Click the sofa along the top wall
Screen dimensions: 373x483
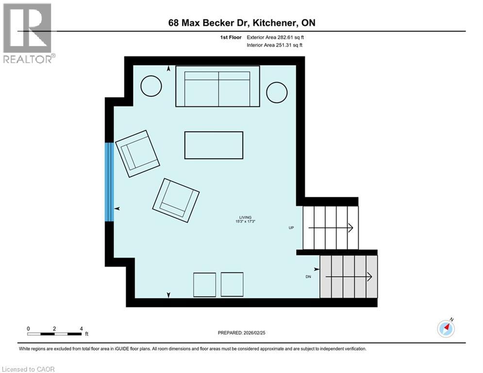coord(217,86)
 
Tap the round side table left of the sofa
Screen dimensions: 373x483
coord(151,86)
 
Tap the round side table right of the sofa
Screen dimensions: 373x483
coord(277,92)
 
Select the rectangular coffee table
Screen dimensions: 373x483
coord(214,145)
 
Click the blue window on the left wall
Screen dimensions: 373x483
coord(109,182)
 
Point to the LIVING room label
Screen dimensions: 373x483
coord(245,217)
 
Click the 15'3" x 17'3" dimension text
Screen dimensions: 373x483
coord(245,222)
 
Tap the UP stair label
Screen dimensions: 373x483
coord(291,227)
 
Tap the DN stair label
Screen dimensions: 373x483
coord(308,277)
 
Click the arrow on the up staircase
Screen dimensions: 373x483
coord(330,228)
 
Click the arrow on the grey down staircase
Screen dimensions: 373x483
coord(348,276)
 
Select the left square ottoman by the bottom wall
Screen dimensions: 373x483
coord(204,285)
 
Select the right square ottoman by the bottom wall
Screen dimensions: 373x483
coord(232,285)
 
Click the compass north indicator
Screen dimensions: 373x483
coord(446,328)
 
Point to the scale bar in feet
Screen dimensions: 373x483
coord(54,333)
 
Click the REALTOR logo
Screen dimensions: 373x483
coord(28,33)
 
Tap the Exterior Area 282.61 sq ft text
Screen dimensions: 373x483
coord(276,37)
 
